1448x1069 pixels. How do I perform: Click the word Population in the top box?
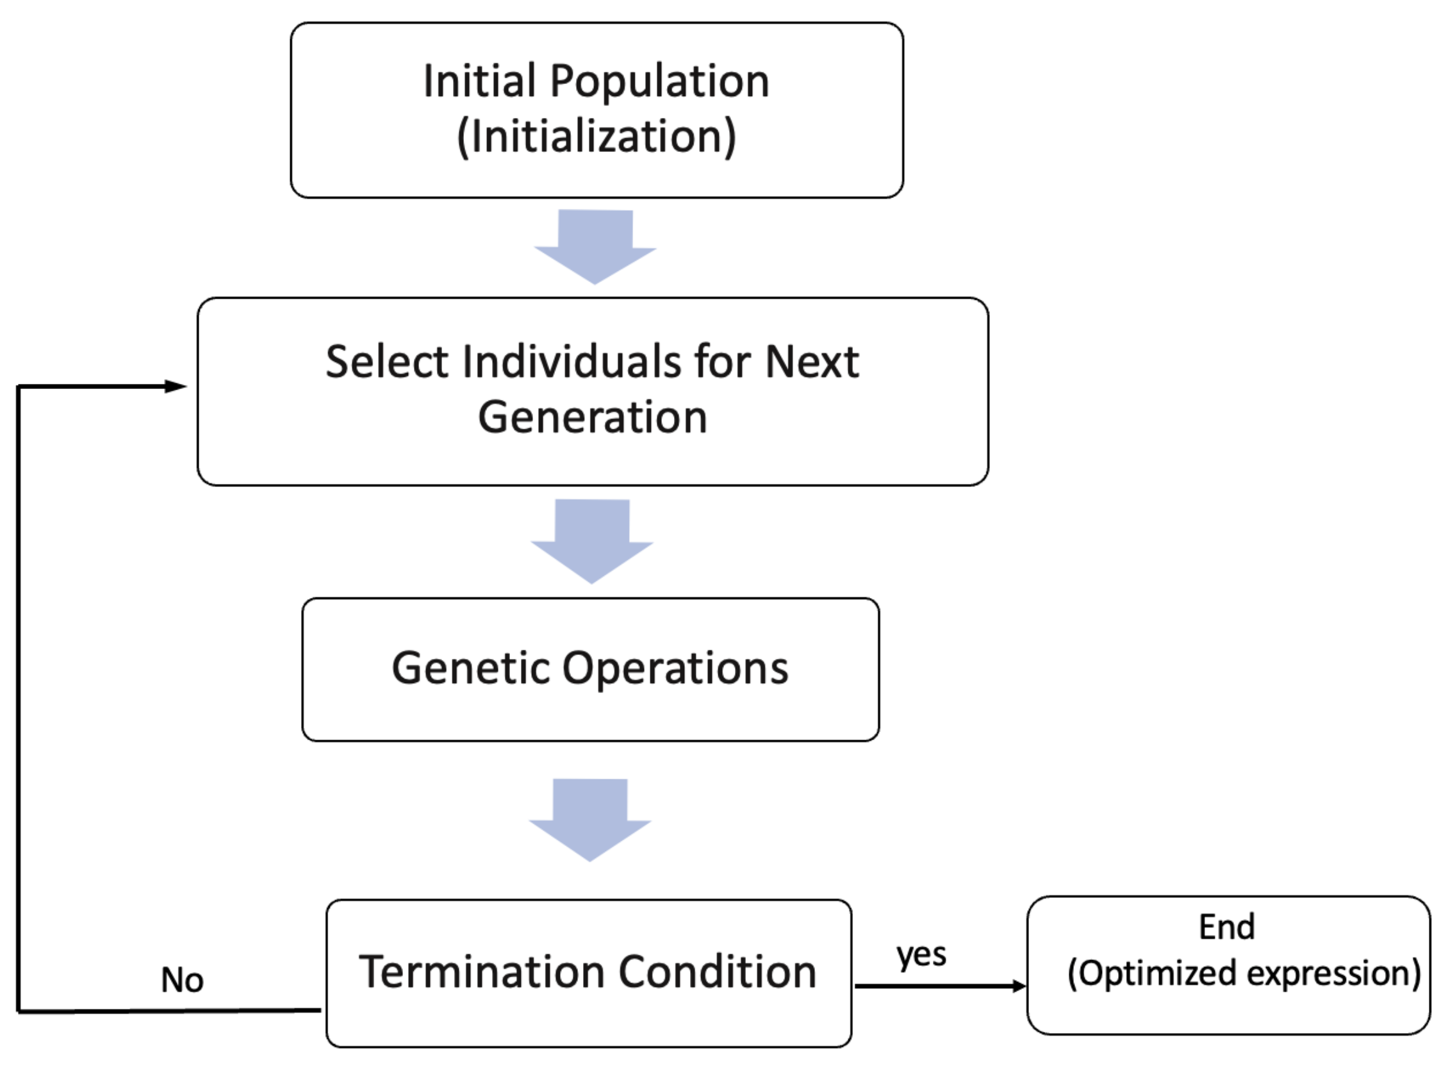660,82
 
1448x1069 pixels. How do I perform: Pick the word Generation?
592,417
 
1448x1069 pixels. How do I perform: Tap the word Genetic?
470,668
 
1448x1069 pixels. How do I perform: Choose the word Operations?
675,668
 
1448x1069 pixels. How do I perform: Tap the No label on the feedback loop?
182,980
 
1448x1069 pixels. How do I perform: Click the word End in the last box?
1227,927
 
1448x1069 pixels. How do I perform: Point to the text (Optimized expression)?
1244,974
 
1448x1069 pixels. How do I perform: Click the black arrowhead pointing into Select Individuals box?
176,386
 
